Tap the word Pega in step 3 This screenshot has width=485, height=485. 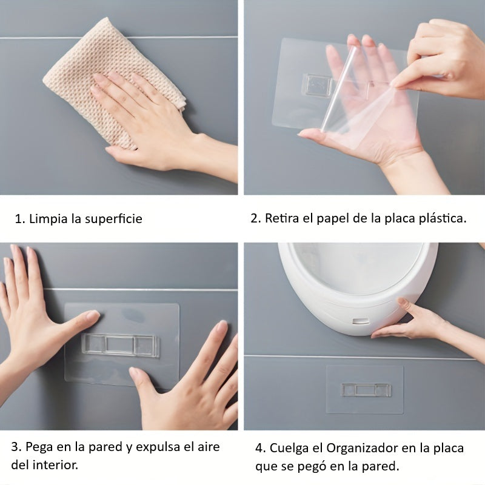click(x=39, y=447)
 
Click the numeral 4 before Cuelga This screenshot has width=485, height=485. click(x=259, y=448)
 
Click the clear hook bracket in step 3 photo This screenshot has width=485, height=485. click(x=121, y=344)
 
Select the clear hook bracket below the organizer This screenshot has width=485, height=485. click(x=366, y=390)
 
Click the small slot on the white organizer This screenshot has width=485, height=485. click(x=361, y=321)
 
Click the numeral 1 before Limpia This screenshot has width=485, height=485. click(x=19, y=219)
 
